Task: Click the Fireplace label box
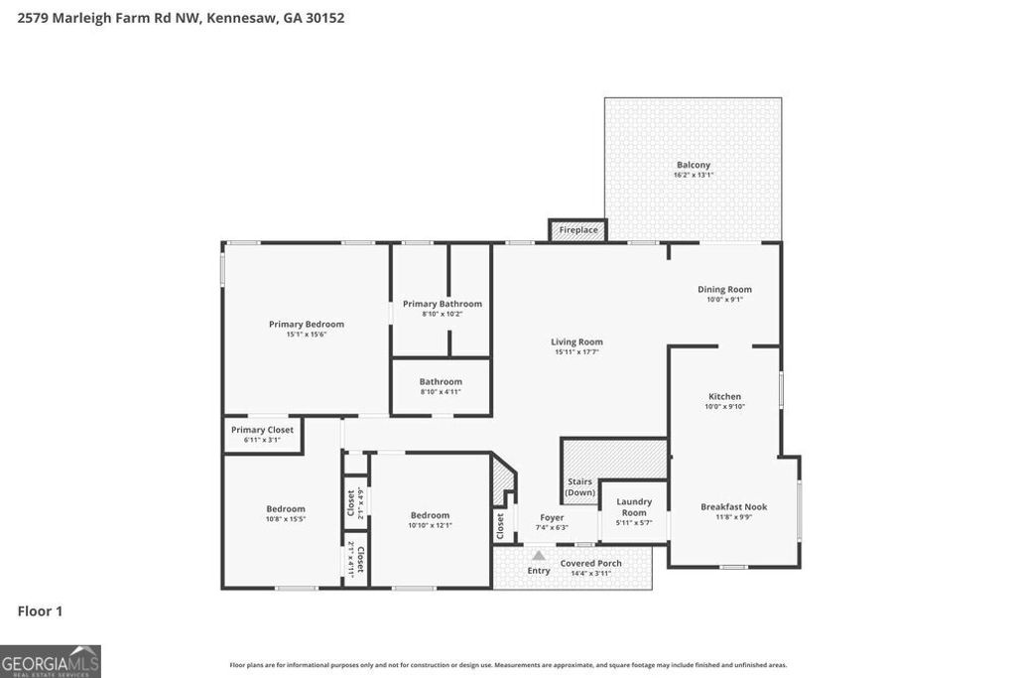(x=578, y=230)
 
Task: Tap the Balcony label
(x=694, y=165)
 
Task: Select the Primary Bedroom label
(x=307, y=324)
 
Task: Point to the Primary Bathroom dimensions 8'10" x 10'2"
(x=442, y=314)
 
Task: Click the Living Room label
(x=576, y=341)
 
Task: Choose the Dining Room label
(x=724, y=289)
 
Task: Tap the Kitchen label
(x=724, y=396)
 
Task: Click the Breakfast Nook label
(x=733, y=506)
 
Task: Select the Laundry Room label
(x=634, y=506)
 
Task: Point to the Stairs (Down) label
(x=580, y=486)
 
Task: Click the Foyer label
(x=552, y=517)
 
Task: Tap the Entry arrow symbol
(x=539, y=557)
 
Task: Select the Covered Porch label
(x=590, y=563)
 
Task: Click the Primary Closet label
(x=262, y=430)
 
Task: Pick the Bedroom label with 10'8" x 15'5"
(x=286, y=508)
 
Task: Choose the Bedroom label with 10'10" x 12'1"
(x=430, y=514)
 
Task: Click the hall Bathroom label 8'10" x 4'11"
(x=441, y=381)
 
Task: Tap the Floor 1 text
(x=40, y=611)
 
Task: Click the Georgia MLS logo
(x=51, y=661)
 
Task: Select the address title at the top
(x=182, y=17)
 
